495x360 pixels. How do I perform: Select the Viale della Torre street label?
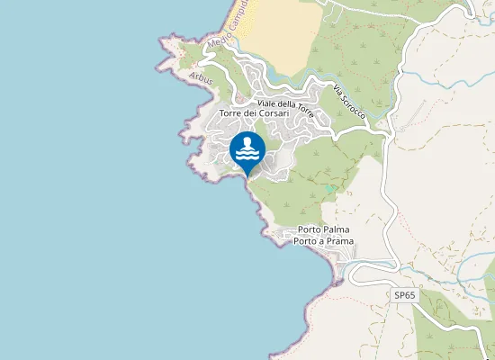pyautogui.click(x=285, y=105)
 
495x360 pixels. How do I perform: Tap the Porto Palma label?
pyautogui.click(x=323, y=230)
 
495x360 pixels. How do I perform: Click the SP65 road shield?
pyautogui.click(x=405, y=294)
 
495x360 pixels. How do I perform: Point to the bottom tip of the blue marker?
pyautogui.click(x=247, y=176)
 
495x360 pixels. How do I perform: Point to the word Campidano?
pyautogui.click(x=240, y=19)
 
